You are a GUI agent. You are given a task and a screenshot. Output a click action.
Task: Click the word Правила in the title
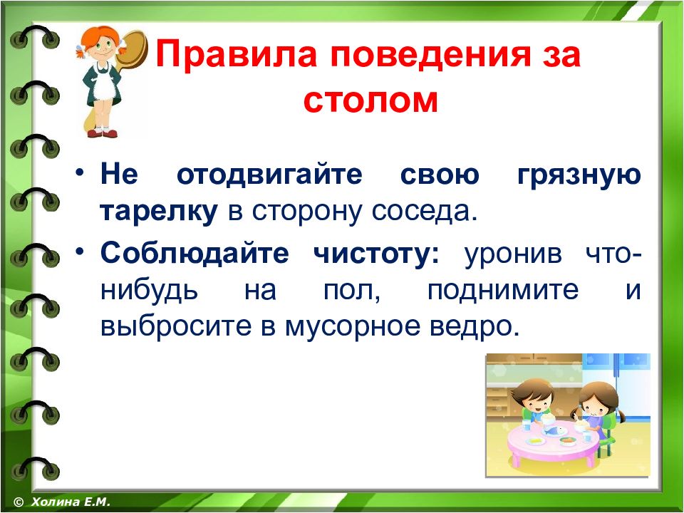point(236,54)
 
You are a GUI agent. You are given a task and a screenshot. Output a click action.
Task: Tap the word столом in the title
point(370,100)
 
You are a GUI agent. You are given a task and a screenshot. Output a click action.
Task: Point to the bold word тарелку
point(159,212)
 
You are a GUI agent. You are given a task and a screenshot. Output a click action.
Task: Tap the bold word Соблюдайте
point(195,253)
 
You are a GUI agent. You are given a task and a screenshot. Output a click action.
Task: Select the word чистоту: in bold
point(376,254)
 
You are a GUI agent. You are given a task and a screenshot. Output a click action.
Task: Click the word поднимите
point(503,291)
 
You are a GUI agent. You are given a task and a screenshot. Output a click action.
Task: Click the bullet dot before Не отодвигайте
point(79,172)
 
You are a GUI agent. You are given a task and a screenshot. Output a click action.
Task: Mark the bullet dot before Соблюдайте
point(79,251)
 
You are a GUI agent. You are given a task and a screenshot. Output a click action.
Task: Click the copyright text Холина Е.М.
point(71,502)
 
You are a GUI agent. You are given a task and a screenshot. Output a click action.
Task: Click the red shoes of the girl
point(102,133)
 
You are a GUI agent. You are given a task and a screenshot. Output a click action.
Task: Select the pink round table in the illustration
point(551,440)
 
